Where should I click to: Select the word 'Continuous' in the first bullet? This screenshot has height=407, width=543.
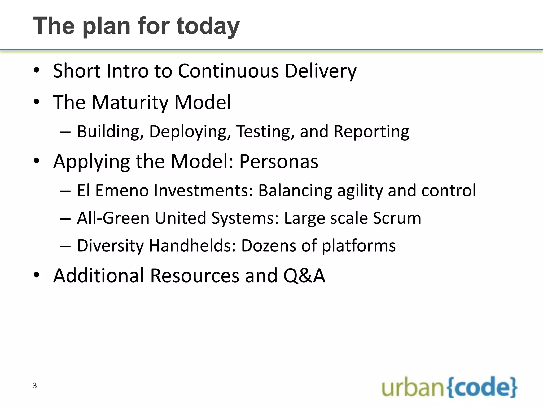[x=228, y=71]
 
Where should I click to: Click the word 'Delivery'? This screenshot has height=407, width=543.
[x=321, y=71]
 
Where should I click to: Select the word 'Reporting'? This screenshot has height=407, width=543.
[x=371, y=131]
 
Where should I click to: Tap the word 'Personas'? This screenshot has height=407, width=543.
[x=279, y=161]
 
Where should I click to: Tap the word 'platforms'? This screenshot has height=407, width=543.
[x=358, y=245]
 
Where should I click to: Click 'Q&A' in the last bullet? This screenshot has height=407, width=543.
[x=304, y=276]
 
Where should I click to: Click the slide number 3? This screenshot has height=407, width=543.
[x=34, y=386]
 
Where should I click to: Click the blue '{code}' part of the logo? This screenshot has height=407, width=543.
[x=482, y=387]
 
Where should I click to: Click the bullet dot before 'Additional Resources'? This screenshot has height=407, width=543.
[x=37, y=275]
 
